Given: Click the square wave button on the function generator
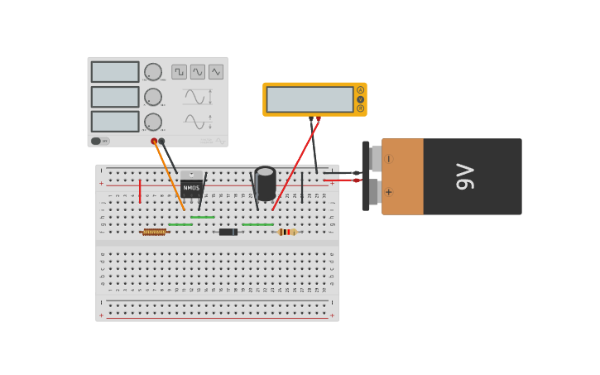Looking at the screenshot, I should [x=179, y=72].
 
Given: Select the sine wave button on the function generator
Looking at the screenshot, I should [x=198, y=72].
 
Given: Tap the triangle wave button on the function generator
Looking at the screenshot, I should [x=216, y=72].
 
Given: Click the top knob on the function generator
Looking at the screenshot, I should [x=153, y=72].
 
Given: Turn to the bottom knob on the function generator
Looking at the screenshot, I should [x=153, y=122].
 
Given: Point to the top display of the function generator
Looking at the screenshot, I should [x=115, y=72].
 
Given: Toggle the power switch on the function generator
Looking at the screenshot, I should [x=97, y=141].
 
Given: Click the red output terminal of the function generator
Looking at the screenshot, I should [x=154, y=142].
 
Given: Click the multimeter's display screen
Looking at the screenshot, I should [x=310, y=99].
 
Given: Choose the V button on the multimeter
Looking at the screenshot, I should [x=360, y=99].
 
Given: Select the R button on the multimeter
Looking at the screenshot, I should [x=360, y=108].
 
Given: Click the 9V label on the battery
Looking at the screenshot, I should [x=465, y=176].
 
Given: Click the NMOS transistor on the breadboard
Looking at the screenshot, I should [x=191, y=186].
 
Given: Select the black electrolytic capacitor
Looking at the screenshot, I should [x=265, y=183].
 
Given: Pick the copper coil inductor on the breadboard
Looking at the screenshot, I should [x=155, y=232].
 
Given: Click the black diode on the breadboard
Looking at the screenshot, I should [x=228, y=232].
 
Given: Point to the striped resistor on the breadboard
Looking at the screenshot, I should [x=286, y=232].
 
